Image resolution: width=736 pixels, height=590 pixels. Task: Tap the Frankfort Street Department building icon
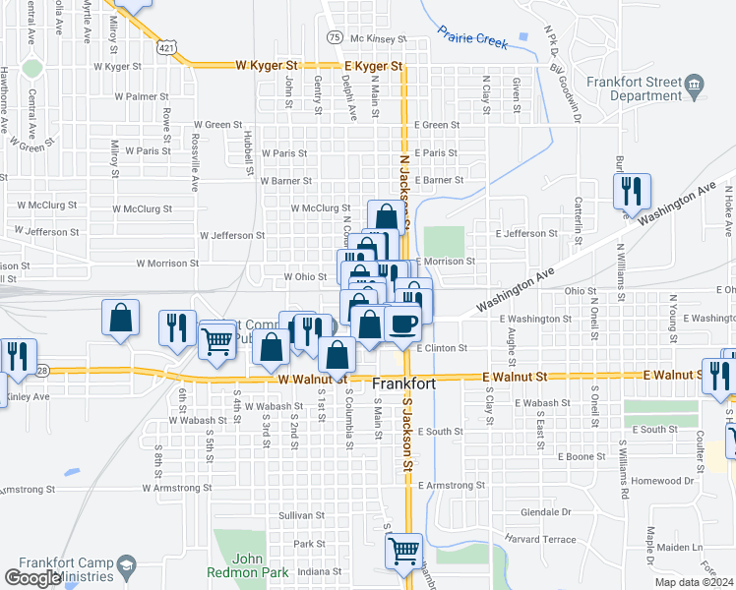pyautogui.click(x=695, y=86)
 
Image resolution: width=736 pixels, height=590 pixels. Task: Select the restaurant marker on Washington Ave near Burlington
pyautogui.click(x=631, y=190)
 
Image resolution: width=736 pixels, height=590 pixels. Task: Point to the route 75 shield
pyautogui.click(x=336, y=37)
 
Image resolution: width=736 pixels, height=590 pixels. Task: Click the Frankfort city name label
pyautogui.click(x=403, y=383)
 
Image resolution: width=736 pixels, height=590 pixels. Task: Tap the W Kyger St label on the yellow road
pyautogui.click(x=267, y=66)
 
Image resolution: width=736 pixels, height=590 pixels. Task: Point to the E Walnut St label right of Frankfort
pyautogui.click(x=515, y=376)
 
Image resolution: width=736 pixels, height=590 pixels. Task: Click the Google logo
pyautogui.click(x=32, y=578)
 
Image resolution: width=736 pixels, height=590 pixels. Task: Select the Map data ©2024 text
pyautogui.click(x=694, y=582)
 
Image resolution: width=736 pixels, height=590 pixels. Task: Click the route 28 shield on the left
pyautogui.click(x=41, y=370)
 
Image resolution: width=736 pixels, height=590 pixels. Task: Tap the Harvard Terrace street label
pyautogui.click(x=539, y=539)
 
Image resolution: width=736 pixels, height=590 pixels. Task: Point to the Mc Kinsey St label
pyautogui.click(x=378, y=38)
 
